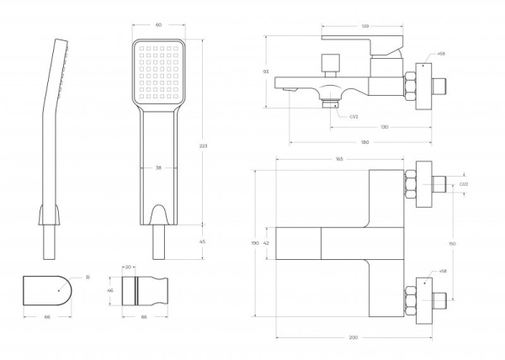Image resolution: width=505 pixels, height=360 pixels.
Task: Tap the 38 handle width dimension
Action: (158, 167)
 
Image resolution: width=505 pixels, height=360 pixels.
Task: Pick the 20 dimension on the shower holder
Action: (129, 267)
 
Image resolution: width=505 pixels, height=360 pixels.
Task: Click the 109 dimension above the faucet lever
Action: (364, 27)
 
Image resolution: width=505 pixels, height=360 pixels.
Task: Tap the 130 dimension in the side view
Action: (384, 127)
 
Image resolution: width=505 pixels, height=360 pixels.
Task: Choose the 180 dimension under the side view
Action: (364, 141)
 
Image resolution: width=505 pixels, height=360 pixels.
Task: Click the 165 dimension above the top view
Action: (339, 158)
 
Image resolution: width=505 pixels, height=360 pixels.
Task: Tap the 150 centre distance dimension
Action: (453, 244)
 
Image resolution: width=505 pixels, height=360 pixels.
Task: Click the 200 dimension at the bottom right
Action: (353, 337)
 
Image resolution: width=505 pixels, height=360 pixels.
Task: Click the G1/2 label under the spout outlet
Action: (354, 117)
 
